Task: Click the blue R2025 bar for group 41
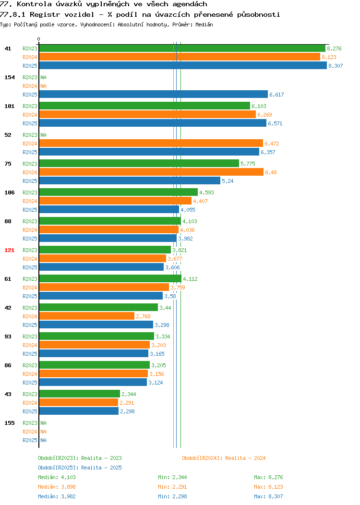click(x=183, y=65)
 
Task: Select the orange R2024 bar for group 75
click(x=151, y=172)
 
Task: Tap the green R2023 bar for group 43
click(x=80, y=394)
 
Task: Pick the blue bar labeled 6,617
click(x=154, y=95)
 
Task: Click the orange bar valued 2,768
click(x=86, y=316)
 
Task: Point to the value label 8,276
click(x=334, y=48)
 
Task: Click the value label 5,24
click(x=228, y=181)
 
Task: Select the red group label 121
click(x=9, y=250)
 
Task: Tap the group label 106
click(x=9, y=192)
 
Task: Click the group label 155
click(x=9, y=423)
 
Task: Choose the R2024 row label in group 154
click(x=30, y=86)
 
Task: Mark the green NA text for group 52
click(x=44, y=135)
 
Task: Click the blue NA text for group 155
click(x=44, y=440)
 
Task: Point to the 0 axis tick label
click(x=39, y=39)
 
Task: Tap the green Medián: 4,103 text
click(x=57, y=477)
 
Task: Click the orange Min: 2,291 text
click(x=172, y=487)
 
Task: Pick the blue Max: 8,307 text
click(x=268, y=497)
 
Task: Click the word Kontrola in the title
click(x=34, y=4)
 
